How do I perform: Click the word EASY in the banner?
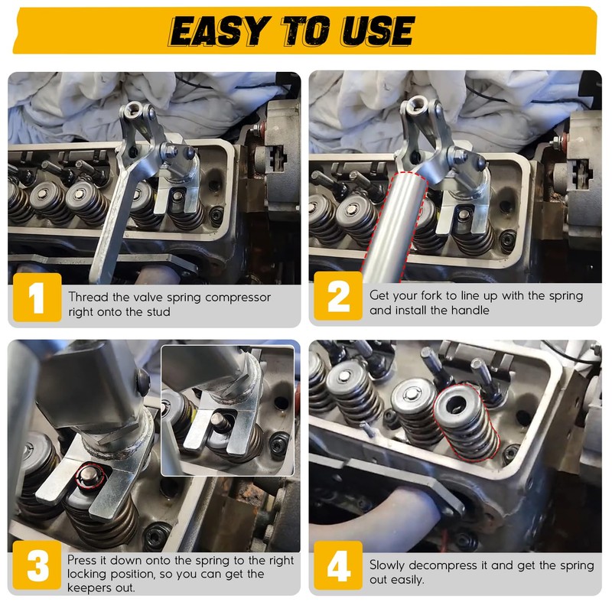coord(220,31)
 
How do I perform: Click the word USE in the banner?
coord(377,31)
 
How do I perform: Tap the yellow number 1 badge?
coord(37,298)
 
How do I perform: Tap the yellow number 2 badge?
coord(338,296)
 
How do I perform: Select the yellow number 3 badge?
coord(37,565)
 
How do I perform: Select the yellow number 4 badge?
coord(338,565)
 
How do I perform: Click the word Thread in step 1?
coord(88,297)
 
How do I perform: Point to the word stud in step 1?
coord(159,312)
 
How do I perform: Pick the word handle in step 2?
coord(470,311)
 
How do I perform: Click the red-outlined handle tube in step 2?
coord(394,226)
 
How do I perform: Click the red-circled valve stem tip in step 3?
coord(90,476)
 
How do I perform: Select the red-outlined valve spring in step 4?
coord(466,422)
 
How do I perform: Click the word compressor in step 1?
coord(238,298)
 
